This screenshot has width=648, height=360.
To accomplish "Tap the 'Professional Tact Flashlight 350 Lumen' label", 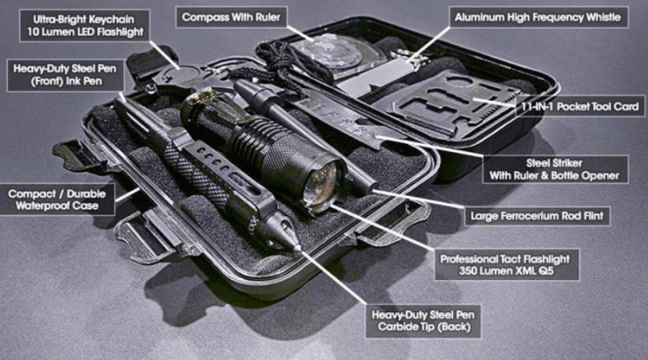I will [509, 263].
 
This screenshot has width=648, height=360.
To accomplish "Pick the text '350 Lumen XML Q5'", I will [509, 271].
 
